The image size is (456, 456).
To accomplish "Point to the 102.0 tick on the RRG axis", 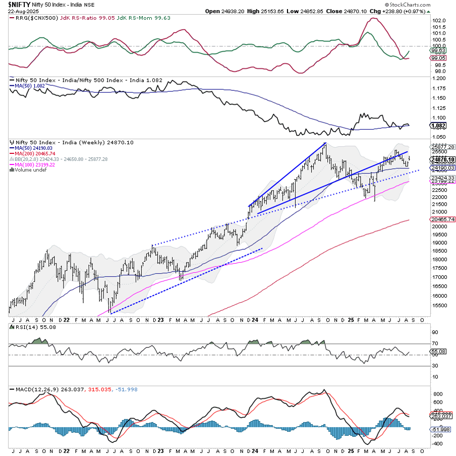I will tap(439, 21).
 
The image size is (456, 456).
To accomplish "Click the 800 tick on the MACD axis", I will tap(437, 393).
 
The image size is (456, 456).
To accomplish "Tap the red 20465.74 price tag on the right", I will tap(442, 219).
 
